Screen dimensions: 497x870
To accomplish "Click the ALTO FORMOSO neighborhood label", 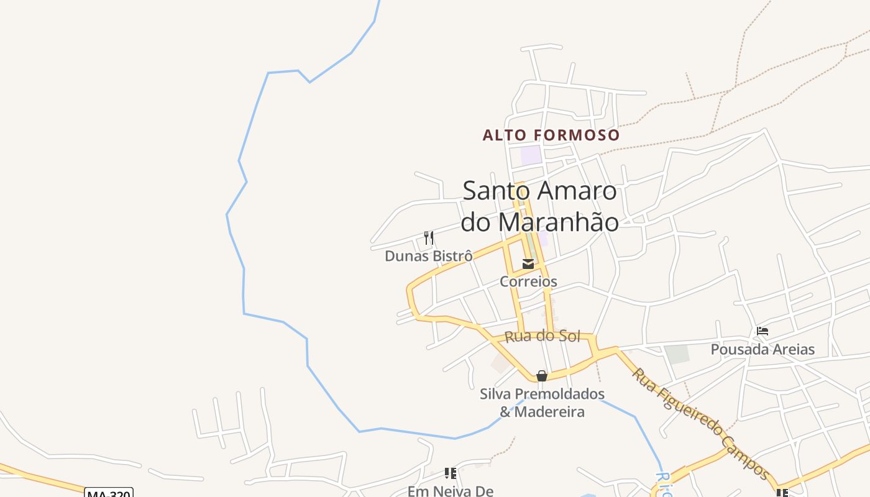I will tap(551, 135).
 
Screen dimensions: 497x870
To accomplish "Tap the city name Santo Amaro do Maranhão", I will tap(539, 206).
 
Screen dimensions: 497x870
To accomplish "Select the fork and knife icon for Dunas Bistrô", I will tap(429, 237).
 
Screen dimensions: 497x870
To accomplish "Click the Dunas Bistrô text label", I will tap(428, 256).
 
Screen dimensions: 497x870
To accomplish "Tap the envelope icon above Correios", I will tap(528, 264).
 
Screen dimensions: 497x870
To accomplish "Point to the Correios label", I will tap(528, 281).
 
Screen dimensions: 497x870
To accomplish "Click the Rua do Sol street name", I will tap(543, 336).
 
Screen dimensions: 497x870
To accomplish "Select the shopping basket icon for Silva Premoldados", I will tap(542, 376).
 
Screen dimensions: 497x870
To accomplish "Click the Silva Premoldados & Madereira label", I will tap(542, 403).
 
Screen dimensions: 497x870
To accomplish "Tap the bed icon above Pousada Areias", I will tap(762, 331).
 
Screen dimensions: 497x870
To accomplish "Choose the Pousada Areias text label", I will tap(762, 349).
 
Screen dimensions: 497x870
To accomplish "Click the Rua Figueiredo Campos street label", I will tap(701, 422).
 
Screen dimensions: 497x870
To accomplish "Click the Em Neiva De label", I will tap(450, 491).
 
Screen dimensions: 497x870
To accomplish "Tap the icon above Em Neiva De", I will tap(451, 473).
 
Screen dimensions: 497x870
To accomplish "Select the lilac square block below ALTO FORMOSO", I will tap(531, 155).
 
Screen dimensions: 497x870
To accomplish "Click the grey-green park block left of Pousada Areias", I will tap(677, 354).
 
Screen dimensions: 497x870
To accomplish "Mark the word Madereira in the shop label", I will tap(549, 411).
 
